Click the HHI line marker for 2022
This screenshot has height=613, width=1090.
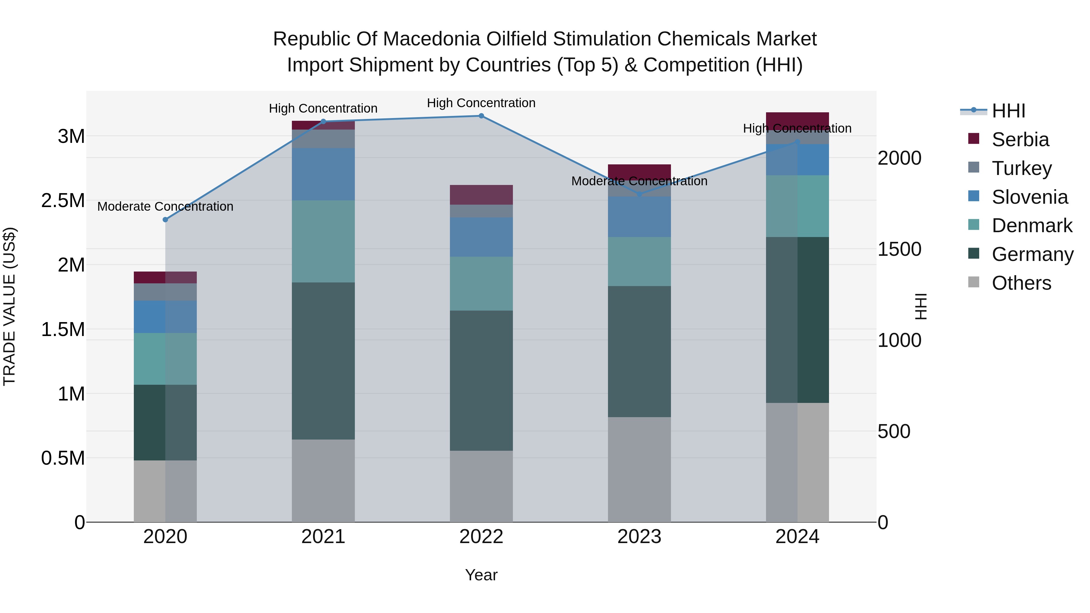pos(481,116)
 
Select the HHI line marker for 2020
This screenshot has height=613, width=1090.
pos(165,219)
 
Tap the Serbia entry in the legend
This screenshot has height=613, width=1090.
pos(1020,140)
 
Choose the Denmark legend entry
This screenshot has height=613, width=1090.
pos(1032,226)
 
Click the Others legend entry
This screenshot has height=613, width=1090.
pos(1021,283)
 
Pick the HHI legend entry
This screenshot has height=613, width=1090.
pos(1008,111)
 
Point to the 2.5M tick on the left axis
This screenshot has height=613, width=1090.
pos(63,200)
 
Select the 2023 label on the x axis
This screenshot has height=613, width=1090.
pos(639,537)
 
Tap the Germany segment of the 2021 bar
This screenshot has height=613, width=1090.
pos(323,361)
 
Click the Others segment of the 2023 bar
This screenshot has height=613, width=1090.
pos(639,469)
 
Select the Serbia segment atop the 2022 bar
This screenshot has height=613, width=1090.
pos(481,195)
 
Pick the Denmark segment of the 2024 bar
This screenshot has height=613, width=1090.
pos(797,206)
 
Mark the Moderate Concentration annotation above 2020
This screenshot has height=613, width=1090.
pos(165,206)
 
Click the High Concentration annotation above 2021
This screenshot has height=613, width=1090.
pos(323,108)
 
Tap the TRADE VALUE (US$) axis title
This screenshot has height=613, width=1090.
pos(9,306)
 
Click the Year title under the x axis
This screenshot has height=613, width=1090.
pos(481,575)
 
